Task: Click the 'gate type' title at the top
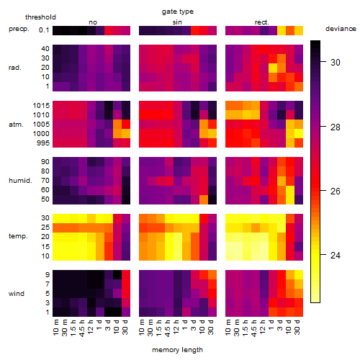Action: coord(178,12)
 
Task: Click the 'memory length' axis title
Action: coord(177,350)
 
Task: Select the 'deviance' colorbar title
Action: coord(341,29)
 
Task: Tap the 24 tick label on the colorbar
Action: coord(336,255)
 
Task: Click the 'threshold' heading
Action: coord(40,17)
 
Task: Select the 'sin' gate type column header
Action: coord(177,22)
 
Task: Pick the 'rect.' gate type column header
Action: coord(261,22)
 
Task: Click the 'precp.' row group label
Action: coord(19,29)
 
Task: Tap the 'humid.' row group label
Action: coord(20,181)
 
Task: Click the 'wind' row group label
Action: coord(17,294)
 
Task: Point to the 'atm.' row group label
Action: coord(16,125)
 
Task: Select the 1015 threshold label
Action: coord(41,106)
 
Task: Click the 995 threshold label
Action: coord(43,143)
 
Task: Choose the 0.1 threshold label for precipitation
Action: coord(44,30)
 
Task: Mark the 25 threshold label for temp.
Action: coord(45,228)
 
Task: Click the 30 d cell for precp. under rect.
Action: coord(299,30)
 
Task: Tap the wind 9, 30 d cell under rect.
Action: coord(299,274)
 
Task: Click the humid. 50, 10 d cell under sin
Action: coord(204,199)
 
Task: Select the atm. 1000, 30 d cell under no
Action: coord(126,134)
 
